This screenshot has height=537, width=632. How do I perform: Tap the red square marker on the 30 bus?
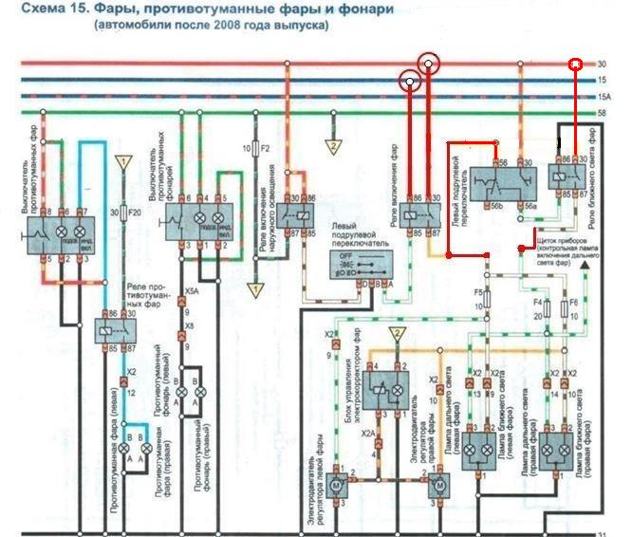pos(574,65)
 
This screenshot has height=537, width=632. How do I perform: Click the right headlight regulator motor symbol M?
pos(437,485)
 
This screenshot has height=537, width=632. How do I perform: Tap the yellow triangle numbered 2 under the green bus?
pos(333,147)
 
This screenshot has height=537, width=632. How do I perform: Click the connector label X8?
pos(191,326)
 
